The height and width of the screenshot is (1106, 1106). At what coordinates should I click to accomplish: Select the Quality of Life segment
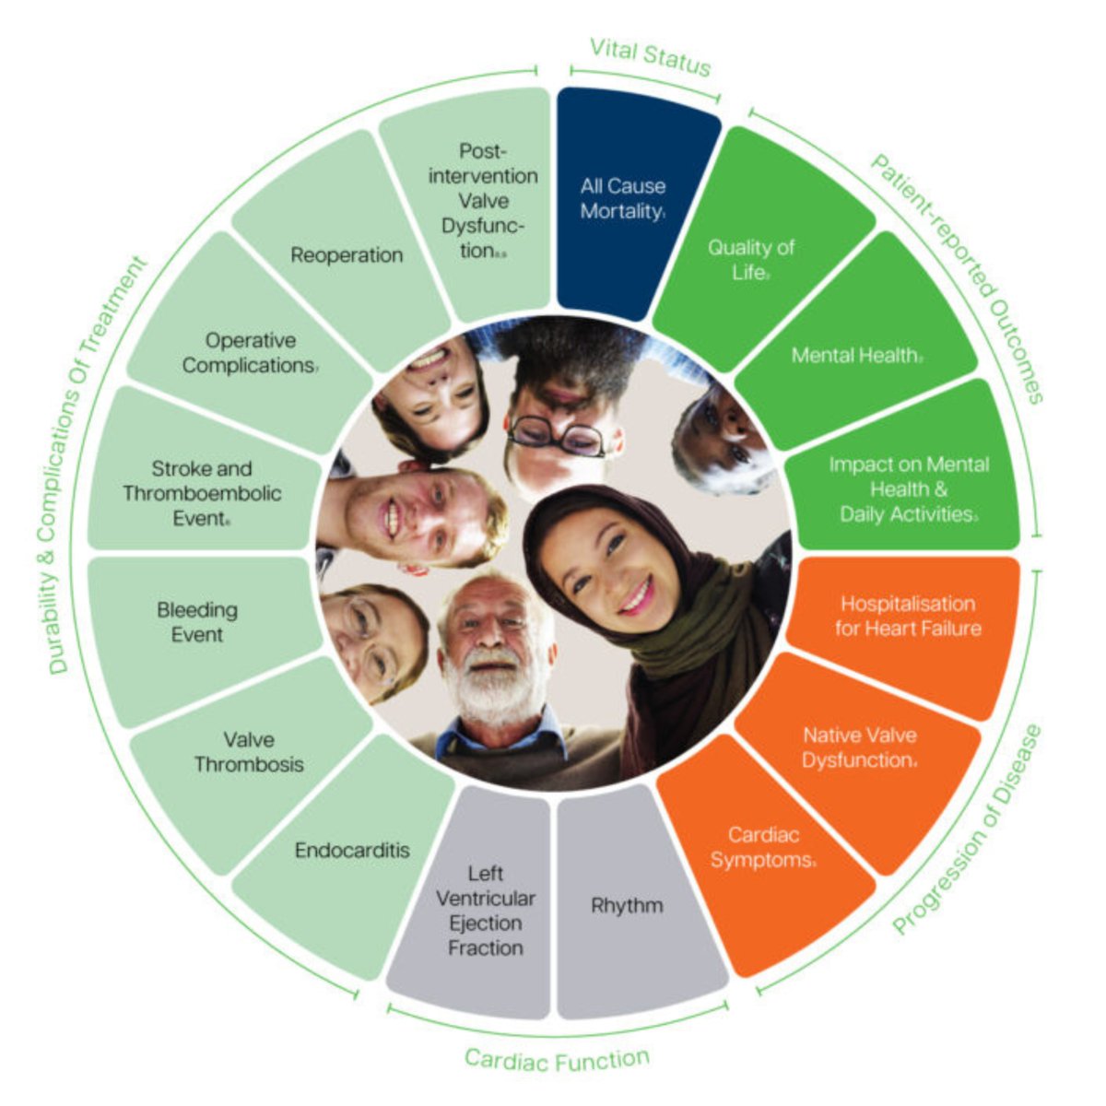(751, 259)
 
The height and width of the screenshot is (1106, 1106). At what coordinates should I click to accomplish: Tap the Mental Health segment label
(856, 355)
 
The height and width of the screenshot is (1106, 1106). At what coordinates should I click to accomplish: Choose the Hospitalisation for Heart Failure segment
(908, 617)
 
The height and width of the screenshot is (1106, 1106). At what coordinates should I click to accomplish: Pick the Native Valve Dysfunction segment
(859, 747)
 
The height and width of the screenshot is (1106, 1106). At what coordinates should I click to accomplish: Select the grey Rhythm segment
(627, 905)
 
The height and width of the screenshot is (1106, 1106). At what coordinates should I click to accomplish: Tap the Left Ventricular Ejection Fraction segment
(485, 910)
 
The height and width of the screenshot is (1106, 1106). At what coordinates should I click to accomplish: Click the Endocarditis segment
(352, 850)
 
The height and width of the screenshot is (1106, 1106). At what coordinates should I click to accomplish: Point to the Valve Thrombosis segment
(249, 751)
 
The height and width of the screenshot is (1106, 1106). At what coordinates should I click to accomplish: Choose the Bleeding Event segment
(197, 621)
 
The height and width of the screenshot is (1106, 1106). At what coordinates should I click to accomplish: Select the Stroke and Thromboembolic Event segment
(202, 493)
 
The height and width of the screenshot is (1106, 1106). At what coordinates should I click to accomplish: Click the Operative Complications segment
(250, 353)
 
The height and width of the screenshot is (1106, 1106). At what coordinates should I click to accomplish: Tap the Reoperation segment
(347, 254)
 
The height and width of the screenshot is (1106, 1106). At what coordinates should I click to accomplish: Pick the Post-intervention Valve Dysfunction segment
(483, 200)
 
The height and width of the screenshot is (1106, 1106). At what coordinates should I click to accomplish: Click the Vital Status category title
(651, 57)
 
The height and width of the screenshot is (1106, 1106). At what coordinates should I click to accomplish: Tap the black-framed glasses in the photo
(556, 435)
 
